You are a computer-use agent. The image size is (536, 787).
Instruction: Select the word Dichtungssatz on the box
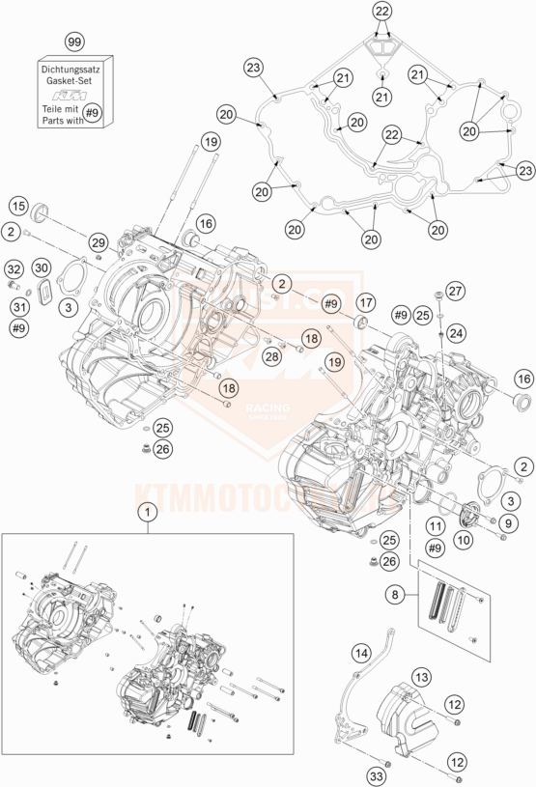tap(74, 70)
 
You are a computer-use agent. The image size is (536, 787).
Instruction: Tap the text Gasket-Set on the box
tap(74, 82)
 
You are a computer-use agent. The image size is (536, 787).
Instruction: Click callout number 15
tap(17, 206)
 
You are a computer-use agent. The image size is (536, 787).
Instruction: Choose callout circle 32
tap(14, 267)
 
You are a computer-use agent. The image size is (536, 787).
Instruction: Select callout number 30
tap(41, 267)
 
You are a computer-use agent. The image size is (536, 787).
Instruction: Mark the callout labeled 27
tap(455, 292)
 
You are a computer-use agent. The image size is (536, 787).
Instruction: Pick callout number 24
tap(453, 332)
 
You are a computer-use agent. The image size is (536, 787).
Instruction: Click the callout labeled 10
tap(464, 542)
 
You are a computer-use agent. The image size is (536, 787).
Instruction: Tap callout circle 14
tap(360, 653)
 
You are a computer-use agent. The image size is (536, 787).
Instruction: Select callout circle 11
tap(435, 525)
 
